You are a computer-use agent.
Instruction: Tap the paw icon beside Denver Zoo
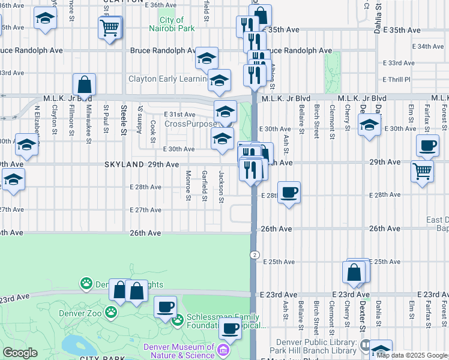110,312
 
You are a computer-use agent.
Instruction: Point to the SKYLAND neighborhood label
125,164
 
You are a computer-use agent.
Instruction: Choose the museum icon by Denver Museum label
223,350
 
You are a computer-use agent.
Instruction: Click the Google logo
20,353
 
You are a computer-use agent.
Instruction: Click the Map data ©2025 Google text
412,355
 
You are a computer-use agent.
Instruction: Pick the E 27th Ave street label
146,210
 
